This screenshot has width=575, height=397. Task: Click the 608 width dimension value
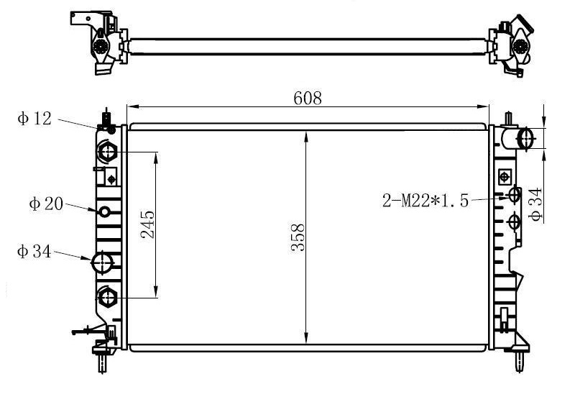point(308,98)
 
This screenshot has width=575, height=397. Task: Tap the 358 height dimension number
point(298,237)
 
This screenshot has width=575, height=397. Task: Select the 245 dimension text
point(147,224)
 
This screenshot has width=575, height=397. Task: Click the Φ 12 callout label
point(34,119)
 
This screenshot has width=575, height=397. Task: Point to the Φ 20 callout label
point(46,204)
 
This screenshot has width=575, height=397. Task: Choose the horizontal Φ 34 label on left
point(34,252)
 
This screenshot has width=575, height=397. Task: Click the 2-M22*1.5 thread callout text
point(425,201)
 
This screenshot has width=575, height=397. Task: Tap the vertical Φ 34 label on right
point(535,204)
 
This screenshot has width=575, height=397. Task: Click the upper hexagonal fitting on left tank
point(107,152)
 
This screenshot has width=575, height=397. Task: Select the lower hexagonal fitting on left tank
point(107,297)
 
